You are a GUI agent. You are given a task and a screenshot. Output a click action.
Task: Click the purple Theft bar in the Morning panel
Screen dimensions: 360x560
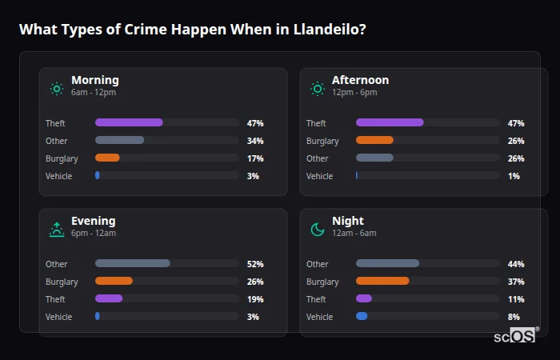[x=129, y=122]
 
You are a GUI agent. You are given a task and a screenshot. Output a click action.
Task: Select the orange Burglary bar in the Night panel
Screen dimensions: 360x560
[x=382, y=281]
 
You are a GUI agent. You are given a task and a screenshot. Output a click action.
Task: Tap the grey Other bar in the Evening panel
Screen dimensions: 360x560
[x=133, y=263]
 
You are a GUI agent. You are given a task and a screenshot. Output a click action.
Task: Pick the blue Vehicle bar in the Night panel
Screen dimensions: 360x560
[x=362, y=316]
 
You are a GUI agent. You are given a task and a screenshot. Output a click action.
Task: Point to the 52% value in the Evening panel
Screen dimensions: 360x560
[x=255, y=264]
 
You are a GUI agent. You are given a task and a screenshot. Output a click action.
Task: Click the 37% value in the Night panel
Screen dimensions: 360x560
[x=516, y=282]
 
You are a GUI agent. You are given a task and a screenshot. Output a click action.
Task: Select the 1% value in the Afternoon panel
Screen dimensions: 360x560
[x=514, y=176]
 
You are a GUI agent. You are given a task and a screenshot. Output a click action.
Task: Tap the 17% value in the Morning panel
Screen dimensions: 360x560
[x=255, y=158]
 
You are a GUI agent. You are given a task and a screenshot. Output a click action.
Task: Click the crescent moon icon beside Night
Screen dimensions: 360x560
[x=318, y=230]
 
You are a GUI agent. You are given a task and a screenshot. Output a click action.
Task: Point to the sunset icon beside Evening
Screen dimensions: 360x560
[x=57, y=230]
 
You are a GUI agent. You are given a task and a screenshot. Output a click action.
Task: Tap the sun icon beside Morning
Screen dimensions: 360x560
[x=57, y=89]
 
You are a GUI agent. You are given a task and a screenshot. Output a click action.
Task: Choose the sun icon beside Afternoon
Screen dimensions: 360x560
[x=318, y=89]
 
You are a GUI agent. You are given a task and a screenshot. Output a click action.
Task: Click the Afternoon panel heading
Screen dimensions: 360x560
[x=360, y=80]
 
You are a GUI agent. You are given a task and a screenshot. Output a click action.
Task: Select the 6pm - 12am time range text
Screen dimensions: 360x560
[x=94, y=234]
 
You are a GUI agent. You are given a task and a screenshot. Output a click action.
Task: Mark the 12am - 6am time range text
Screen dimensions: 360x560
[x=354, y=234]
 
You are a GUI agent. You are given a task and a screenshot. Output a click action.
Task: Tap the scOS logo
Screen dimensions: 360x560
[x=515, y=335]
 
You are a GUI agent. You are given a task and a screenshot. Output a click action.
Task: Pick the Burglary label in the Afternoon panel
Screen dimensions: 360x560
[x=322, y=141]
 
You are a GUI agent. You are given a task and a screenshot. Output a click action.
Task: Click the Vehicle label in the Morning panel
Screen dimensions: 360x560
[x=59, y=176]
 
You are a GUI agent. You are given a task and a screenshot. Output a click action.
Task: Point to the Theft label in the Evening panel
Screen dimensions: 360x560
[x=56, y=299]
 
